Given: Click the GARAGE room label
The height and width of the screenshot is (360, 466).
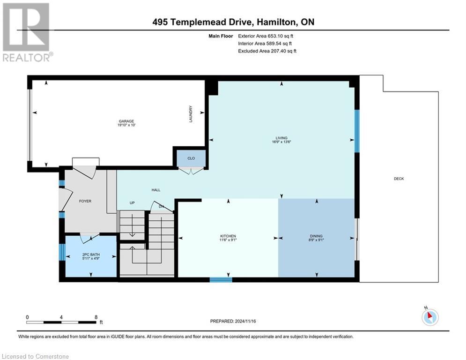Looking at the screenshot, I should coord(122,123).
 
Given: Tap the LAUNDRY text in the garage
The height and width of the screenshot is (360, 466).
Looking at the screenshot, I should coord(191,113).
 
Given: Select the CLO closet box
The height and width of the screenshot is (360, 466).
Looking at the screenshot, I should coord(191,158).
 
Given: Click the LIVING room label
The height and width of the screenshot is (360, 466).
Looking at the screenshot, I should coord(281,138).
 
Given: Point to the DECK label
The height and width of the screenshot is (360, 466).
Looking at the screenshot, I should coord(399,179).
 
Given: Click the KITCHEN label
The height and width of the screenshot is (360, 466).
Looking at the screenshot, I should coord(228,236).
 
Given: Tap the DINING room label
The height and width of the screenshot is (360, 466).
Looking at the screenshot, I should coord(316,236).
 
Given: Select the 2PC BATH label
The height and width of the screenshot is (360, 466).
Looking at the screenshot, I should coord(91,255).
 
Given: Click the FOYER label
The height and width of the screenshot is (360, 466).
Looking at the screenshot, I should coord(85,201).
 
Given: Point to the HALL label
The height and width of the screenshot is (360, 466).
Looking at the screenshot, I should coord(156,190).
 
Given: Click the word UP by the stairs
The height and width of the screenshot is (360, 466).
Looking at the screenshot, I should coord(133,203).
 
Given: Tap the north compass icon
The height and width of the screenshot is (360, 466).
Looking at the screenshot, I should coord(429,316).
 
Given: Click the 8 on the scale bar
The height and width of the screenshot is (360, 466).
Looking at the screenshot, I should coord(96,317).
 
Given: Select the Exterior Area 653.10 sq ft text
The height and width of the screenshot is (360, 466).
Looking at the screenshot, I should coord(266,36).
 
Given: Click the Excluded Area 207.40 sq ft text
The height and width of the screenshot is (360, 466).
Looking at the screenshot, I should coord(267,51).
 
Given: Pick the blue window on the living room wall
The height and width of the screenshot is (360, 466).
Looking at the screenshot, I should coord(356,131).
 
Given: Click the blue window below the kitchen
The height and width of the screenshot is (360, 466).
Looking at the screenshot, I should coord(221,280).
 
